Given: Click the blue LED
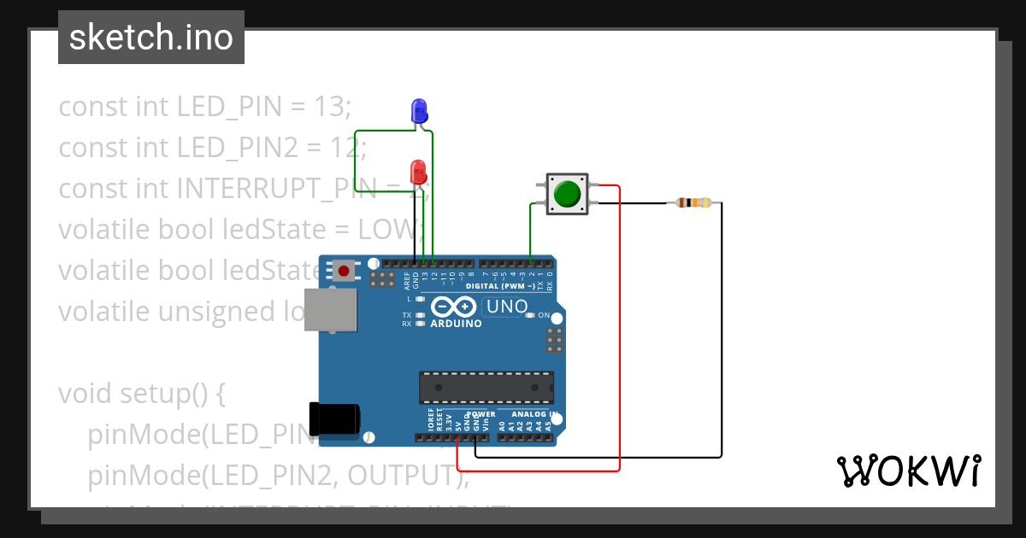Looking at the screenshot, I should tap(419, 110).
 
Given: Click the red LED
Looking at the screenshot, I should tap(418, 170).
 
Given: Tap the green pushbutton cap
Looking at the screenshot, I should tap(566, 194).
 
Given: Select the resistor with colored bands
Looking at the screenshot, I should tap(693, 202).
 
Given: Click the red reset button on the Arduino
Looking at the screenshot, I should tap(344, 272).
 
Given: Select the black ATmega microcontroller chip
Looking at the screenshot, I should tap(486, 387).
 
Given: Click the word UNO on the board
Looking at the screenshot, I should tap(506, 307).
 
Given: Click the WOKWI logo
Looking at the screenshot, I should tap(908, 471).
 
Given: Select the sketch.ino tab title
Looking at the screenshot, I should tap(151, 38).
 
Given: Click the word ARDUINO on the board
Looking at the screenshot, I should tap(456, 325).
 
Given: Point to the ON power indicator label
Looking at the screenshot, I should tap(544, 315).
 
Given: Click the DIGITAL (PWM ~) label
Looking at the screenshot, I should tap(500, 286).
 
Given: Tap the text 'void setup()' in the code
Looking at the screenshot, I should tap(141, 394).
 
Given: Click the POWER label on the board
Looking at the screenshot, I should tap(481, 414).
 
